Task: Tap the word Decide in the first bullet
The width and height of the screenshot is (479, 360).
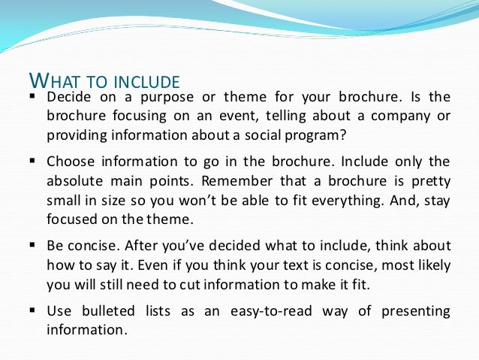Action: [69, 98]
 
